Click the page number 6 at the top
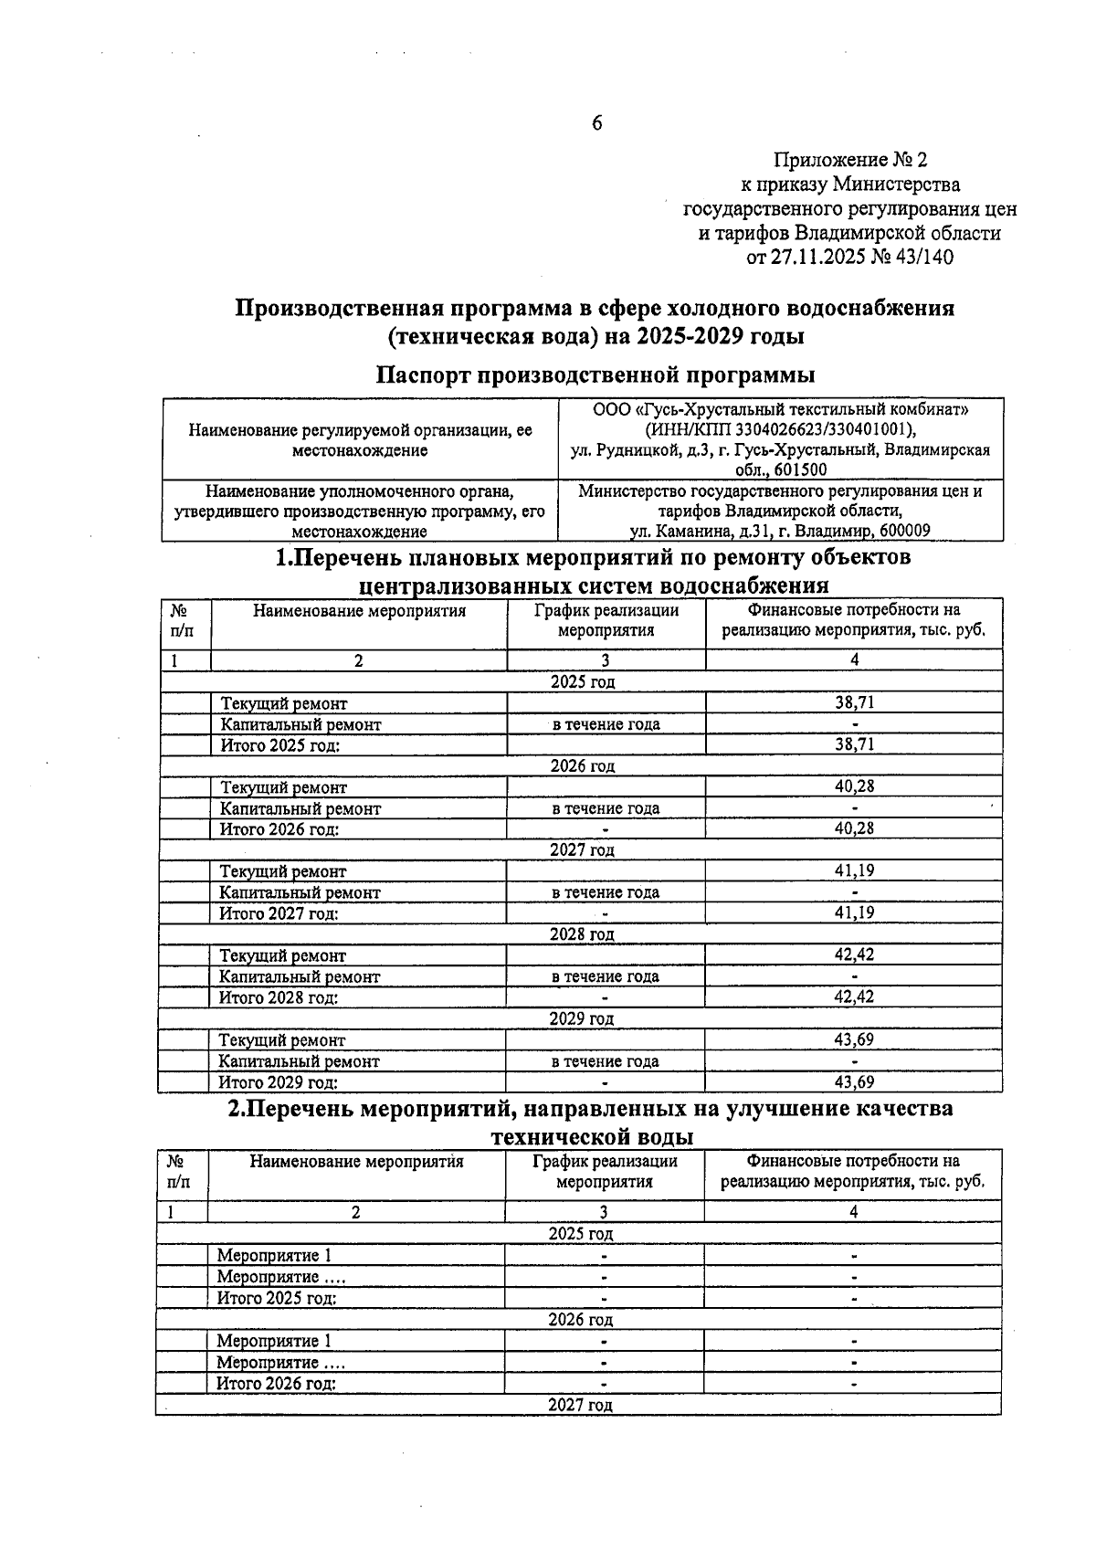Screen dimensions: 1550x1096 click(x=596, y=123)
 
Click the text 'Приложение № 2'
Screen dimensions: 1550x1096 click(x=849, y=161)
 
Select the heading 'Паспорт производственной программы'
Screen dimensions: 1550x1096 click(x=595, y=374)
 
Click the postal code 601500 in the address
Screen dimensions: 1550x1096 click(x=799, y=469)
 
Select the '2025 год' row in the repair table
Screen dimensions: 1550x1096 click(x=582, y=681)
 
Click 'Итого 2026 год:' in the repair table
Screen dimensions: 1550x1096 click(x=279, y=829)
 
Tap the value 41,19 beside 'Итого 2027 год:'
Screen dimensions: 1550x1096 click(x=854, y=912)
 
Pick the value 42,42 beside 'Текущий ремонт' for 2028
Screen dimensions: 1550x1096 click(x=854, y=954)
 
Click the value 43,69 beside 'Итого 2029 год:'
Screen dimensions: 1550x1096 click(x=854, y=1082)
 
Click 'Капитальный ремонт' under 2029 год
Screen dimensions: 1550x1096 click(x=300, y=1061)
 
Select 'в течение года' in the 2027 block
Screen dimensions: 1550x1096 click(x=606, y=892)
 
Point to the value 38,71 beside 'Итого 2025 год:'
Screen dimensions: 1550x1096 click(x=854, y=744)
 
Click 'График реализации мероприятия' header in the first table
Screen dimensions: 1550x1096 click(x=606, y=620)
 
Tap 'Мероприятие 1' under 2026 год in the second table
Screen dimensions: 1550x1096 click(x=274, y=1341)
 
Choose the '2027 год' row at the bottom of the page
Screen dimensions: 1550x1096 click(x=580, y=1405)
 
